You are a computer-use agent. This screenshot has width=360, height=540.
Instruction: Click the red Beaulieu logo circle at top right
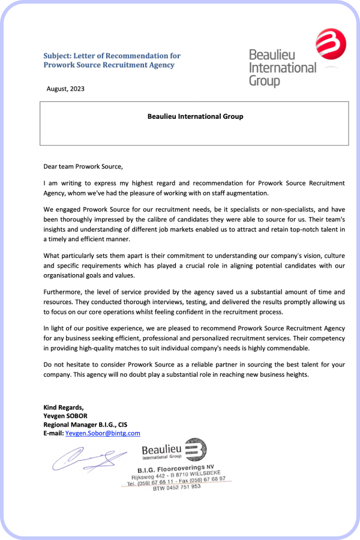click(x=331, y=44)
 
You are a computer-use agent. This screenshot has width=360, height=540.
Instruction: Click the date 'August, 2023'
click(x=65, y=89)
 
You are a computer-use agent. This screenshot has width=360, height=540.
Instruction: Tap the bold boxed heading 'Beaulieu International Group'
click(x=195, y=116)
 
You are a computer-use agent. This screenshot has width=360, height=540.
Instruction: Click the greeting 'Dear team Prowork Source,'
click(x=83, y=166)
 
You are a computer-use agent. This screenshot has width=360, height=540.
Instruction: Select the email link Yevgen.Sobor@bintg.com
click(x=103, y=433)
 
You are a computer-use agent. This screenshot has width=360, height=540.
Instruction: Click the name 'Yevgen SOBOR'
click(x=65, y=416)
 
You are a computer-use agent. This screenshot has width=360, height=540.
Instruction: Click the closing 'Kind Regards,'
click(x=64, y=407)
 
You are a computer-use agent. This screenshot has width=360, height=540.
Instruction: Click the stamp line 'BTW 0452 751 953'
click(x=177, y=487)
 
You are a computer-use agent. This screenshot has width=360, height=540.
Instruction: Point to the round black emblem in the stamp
click(x=195, y=449)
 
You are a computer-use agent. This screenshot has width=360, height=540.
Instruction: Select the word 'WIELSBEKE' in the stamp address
click(x=205, y=473)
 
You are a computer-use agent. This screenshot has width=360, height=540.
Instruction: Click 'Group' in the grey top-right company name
click(x=265, y=80)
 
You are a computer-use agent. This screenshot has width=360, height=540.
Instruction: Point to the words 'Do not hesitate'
click(x=67, y=364)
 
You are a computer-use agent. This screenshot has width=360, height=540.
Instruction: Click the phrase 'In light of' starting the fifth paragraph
click(x=59, y=328)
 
